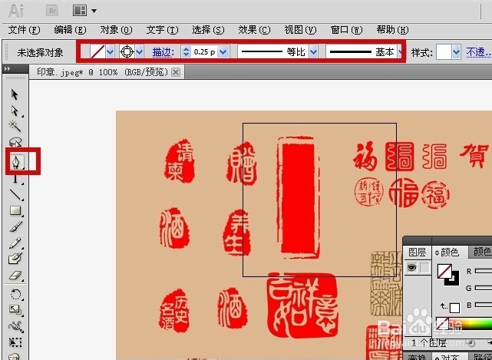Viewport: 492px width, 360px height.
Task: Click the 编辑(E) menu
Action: pos(69,30)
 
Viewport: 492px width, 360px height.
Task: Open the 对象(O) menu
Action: pos(115,30)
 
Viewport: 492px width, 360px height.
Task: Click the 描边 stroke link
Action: pos(162,52)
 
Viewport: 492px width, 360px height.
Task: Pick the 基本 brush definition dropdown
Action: pos(364,52)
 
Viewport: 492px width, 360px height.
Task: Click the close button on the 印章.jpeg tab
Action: pos(176,72)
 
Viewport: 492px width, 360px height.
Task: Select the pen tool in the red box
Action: pos(15,162)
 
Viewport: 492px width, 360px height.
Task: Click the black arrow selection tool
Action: pos(15,95)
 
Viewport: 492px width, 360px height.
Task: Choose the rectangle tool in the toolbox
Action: pos(15,210)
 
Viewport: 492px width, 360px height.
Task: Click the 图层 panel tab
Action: pos(417,252)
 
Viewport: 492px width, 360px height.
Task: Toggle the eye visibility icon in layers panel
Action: pos(411,267)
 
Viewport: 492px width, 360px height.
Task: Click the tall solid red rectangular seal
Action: pos(296,196)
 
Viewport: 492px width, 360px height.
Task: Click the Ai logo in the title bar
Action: pos(16,10)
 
